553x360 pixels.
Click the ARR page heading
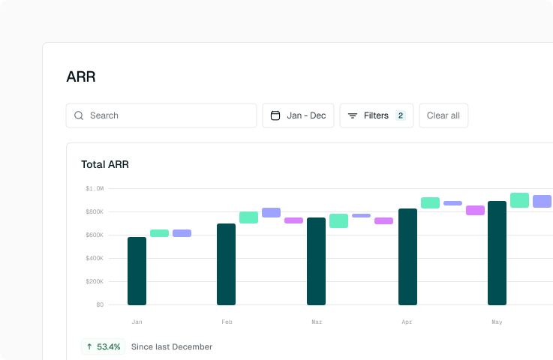click(81, 76)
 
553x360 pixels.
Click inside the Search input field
click(169, 115)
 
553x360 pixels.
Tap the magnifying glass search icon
click(79, 115)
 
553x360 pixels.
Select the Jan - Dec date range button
click(298, 115)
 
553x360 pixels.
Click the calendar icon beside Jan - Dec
click(275, 115)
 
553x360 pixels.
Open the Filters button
click(376, 115)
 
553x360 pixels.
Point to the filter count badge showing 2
click(401, 115)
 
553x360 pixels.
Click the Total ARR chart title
click(105, 164)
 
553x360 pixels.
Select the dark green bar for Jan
click(137, 271)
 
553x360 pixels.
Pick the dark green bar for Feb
click(226, 264)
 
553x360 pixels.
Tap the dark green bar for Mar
click(316, 261)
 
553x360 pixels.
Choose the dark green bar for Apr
click(407, 256)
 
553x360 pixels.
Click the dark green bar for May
click(497, 253)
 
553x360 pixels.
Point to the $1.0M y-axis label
click(95, 188)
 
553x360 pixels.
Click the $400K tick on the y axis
click(95, 258)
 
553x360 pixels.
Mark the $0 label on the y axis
click(100, 304)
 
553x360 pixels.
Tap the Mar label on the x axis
click(317, 322)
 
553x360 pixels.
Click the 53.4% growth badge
click(104, 346)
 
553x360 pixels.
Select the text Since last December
click(171, 346)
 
